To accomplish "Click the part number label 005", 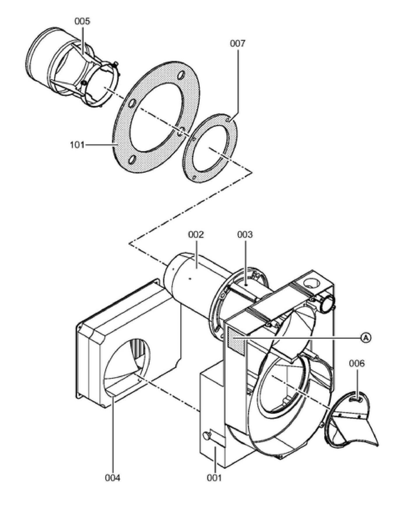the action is coord(82,21).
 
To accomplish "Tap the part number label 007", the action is coord(238,44).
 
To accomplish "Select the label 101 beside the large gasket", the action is coord(77,145).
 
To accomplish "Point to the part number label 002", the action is coord(196,235).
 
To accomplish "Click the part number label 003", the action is coord(245,235).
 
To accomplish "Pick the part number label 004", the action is coord(113,478).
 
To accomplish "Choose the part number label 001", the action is coord(214,478).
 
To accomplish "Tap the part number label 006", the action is coord(357,363).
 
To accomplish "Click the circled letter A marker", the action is coord(366,338).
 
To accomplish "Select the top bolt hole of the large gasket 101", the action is coord(181,75).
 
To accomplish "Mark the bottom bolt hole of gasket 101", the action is coord(132,160).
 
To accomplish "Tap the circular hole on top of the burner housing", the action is coord(311,282).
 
